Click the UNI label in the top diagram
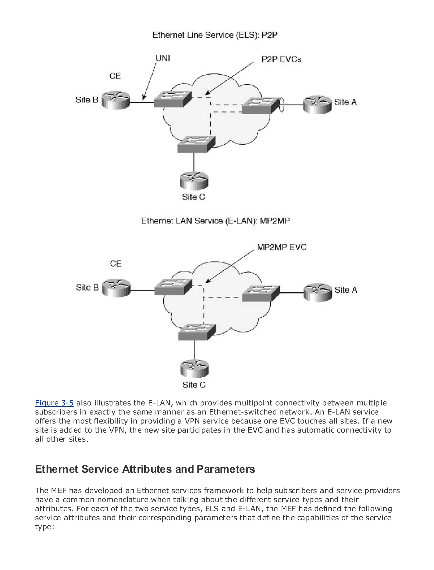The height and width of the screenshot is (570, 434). (x=163, y=59)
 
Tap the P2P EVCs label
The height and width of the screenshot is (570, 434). (x=281, y=59)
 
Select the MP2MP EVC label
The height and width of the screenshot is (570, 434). (x=282, y=247)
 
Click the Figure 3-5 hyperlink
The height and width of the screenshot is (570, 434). (x=54, y=403)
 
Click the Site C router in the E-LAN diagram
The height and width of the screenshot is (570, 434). (x=194, y=368)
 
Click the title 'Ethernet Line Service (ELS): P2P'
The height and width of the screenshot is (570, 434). (x=215, y=35)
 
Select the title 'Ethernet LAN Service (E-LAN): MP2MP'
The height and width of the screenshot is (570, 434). (x=216, y=221)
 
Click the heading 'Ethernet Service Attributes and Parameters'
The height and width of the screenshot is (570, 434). (x=145, y=469)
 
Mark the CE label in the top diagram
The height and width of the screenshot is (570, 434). (x=115, y=76)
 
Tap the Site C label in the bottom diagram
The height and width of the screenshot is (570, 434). (x=194, y=385)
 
